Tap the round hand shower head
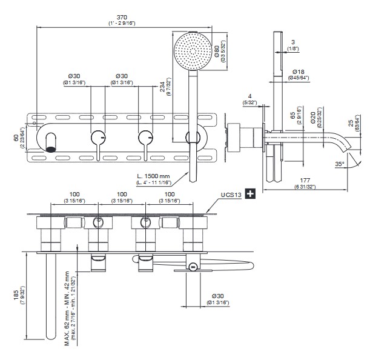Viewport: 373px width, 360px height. click(x=193, y=50)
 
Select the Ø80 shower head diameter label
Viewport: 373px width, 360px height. click(x=216, y=47)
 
